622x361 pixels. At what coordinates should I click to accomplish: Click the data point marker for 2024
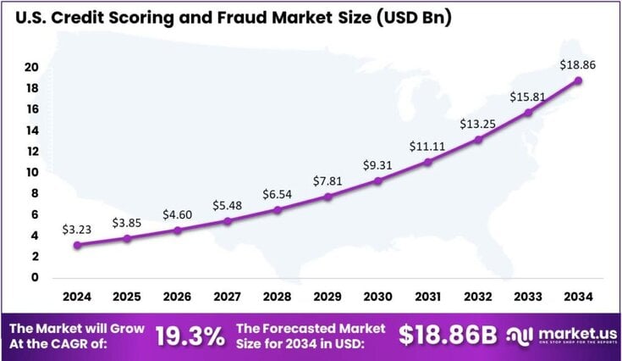pos(77,245)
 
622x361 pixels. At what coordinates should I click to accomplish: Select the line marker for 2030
pos(377,180)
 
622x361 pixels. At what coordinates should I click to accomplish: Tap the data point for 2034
pos(578,81)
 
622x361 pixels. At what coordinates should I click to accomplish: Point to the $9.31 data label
pos(377,164)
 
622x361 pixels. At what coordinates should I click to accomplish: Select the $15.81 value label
pos(527,97)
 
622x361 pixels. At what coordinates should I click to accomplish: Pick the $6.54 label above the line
pos(277,193)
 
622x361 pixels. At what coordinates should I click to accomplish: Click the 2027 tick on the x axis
pos(227,297)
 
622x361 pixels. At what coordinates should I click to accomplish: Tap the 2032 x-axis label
pos(477,297)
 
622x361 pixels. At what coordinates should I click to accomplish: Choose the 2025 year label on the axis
pos(127,297)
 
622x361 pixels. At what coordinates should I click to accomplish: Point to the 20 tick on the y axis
pos(30,67)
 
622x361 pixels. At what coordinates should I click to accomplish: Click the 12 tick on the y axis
pos(30,151)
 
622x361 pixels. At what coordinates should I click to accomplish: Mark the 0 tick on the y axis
pos(35,277)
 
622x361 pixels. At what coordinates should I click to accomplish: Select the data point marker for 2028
pos(277,209)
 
